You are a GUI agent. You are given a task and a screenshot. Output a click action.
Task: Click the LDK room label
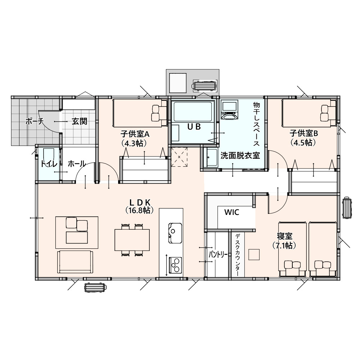pyautogui.click(x=140, y=202)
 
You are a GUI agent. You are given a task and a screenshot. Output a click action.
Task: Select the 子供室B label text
pyautogui.click(x=303, y=133)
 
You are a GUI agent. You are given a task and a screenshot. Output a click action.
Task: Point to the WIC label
pyautogui.click(x=231, y=212)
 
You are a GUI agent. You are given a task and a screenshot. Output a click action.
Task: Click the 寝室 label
pyautogui.click(x=284, y=236)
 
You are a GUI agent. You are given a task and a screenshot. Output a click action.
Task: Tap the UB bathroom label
pyautogui.click(x=194, y=126)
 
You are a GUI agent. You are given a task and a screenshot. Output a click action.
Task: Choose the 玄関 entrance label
pyautogui.click(x=80, y=121)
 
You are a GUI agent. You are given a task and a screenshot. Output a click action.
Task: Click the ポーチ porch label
pyautogui.click(x=35, y=121)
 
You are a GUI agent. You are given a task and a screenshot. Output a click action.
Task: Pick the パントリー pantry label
pyautogui.click(x=218, y=255)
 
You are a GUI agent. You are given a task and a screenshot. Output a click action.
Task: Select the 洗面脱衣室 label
pyautogui.click(x=240, y=156)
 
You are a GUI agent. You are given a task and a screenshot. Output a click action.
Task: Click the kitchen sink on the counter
pyautogui.click(x=175, y=233)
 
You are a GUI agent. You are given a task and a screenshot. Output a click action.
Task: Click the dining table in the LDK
pyautogui.click(x=132, y=240)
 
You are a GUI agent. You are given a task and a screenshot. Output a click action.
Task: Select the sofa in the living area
pyautogui.click(x=75, y=262)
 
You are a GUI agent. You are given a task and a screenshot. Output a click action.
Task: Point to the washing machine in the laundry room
pyautogui.click(x=229, y=110)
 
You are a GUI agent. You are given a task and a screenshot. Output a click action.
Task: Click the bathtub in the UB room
pyautogui.click(x=193, y=112)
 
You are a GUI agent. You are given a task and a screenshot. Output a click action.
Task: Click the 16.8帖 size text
pyautogui.click(x=140, y=210)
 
